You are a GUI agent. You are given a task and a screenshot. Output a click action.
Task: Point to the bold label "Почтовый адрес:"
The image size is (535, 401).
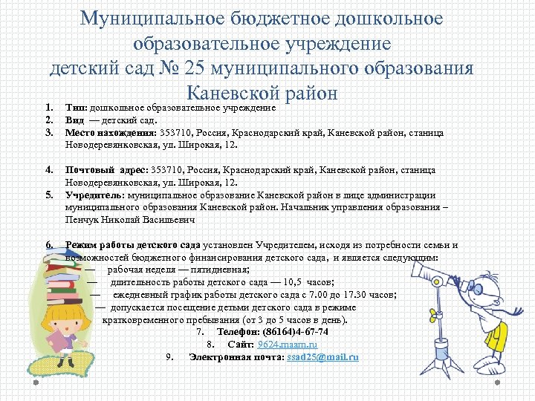tap(107, 170)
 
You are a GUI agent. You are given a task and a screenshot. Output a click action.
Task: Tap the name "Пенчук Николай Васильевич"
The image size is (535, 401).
tap(131, 221)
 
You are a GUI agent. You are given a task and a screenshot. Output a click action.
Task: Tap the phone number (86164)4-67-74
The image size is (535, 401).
tap(290, 332)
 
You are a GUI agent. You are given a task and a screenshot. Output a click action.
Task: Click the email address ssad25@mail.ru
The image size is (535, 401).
tap(322, 357)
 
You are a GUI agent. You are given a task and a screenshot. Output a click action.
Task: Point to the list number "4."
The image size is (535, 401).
tap(49, 170)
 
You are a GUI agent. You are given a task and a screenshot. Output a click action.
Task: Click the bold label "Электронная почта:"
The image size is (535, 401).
tap(236, 357)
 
